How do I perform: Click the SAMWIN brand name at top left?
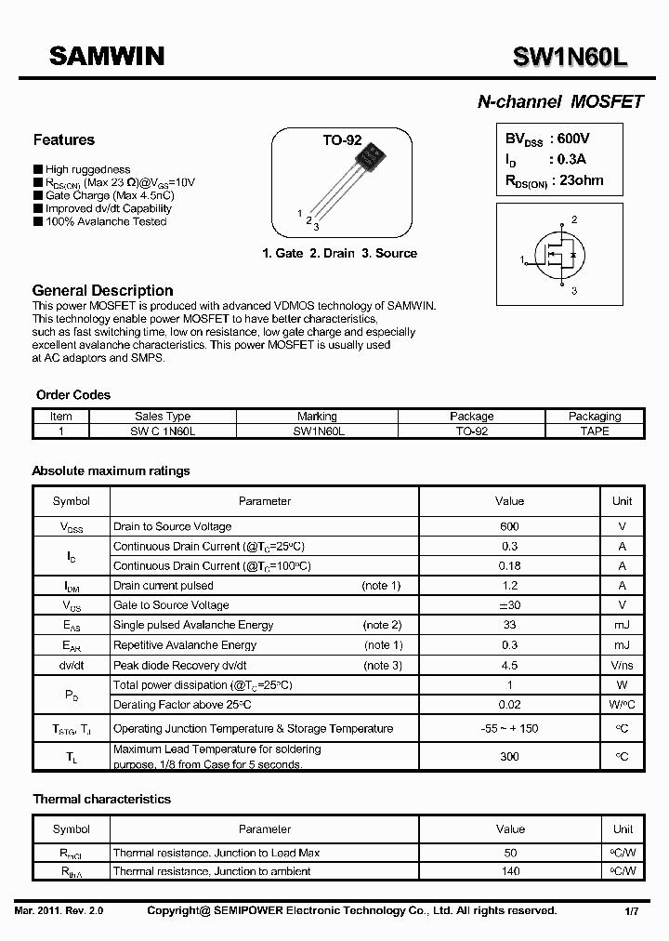[107, 57]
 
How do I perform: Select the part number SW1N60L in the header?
[571, 58]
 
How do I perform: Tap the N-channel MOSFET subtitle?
[559, 102]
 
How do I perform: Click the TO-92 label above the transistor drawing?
[341, 140]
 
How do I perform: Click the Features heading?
[63, 140]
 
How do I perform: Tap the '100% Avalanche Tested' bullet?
[105, 221]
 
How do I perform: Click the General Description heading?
[102, 290]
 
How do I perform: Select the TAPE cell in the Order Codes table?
[594, 431]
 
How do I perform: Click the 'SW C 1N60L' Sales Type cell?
[163, 431]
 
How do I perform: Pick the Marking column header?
[317, 417]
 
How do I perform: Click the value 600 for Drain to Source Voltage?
[509, 526]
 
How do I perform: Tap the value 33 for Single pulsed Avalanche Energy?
[509, 625]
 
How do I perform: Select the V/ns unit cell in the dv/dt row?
[622, 665]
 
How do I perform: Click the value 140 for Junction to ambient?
[510, 871]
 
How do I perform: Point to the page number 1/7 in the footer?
[631, 911]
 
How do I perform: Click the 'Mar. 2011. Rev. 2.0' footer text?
[59, 911]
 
